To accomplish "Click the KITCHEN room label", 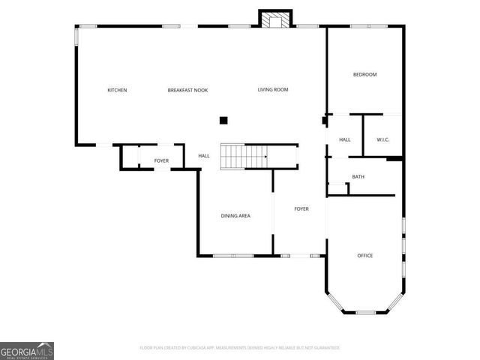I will (117, 90).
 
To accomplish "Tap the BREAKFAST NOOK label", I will (187, 90).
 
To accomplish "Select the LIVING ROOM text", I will (273, 90).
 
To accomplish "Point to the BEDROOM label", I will (364, 74).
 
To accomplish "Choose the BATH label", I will (358, 177).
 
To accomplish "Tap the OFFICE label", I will (364, 256).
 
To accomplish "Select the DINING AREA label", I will (235, 216).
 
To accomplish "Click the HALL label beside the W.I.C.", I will (345, 139).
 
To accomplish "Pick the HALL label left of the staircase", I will (204, 156).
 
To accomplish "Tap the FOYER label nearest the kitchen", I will (161, 160).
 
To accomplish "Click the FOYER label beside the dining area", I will (301, 208).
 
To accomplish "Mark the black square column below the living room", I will (223, 120).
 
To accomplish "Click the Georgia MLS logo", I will (27, 350).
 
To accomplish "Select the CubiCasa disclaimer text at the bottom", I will (240, 348).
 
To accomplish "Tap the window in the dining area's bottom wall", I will (233, 256).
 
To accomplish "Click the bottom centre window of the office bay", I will (365, 312).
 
